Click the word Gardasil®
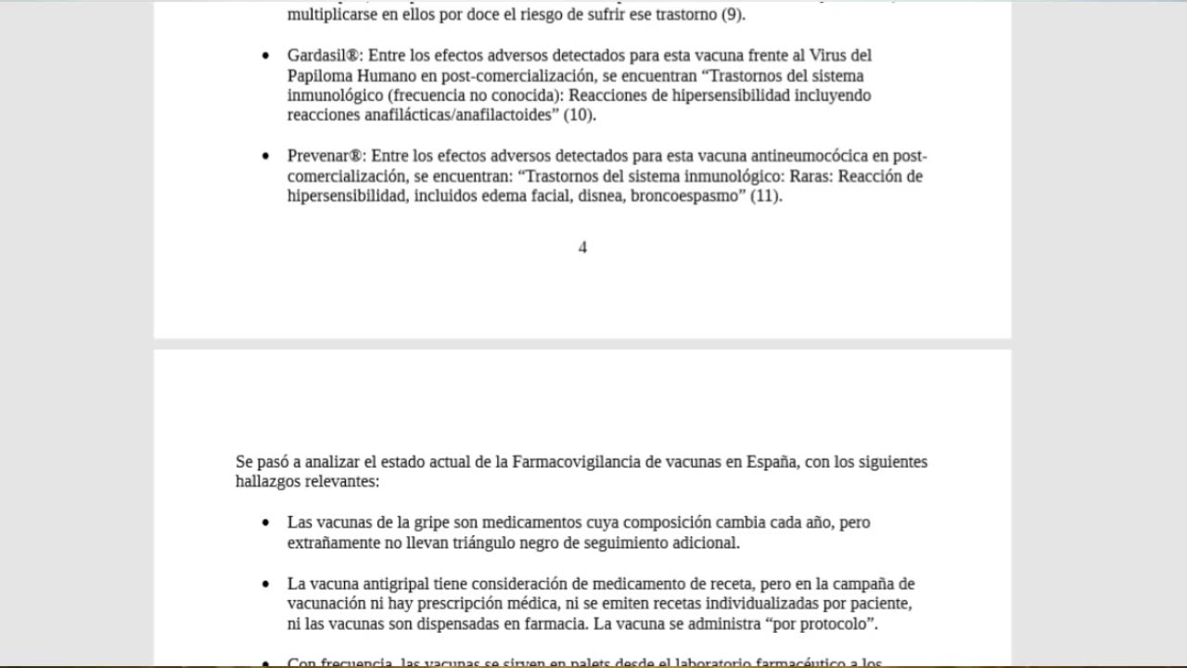click(x=325, y=56)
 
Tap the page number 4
click(x=582, y=248)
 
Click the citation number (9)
click(x=733, y=15)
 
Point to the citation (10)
click(x=580, y=116)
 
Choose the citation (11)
click(x=766, y=197)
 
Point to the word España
click(x=771, y=462)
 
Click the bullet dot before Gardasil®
click(x=266, y=57)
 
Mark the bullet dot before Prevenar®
click(x=266, y=157)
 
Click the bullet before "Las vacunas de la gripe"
click(x=266, y=523)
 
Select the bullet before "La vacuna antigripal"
click(x=266, y=584)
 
